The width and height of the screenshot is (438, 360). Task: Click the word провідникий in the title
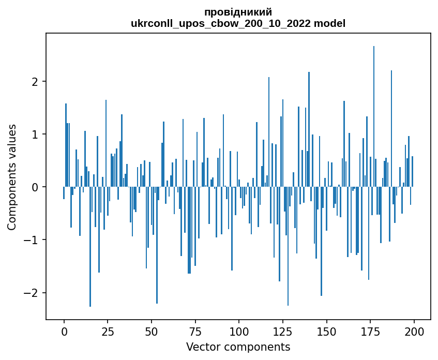[238, 12]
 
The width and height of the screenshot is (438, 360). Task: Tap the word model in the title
[331, 23]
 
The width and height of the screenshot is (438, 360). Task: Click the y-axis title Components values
[12, 177]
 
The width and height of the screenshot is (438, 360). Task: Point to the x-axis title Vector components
[238, 347]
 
